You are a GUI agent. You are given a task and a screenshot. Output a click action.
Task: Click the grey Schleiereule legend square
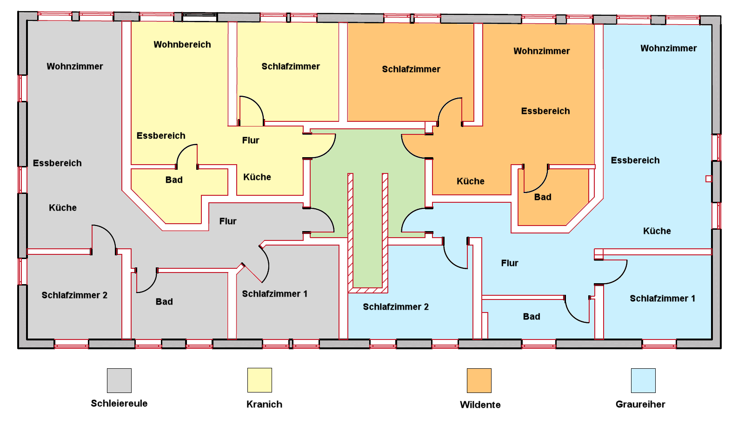(x=119, y=380)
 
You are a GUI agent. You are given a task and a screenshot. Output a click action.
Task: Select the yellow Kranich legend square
(x=259, y=380)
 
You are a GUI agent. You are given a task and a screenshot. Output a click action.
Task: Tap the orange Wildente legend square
(x=479, y=380)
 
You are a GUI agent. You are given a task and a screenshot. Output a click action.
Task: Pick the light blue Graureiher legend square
(x=643, y=380)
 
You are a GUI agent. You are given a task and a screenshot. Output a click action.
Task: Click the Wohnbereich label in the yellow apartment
(x=182, y=45)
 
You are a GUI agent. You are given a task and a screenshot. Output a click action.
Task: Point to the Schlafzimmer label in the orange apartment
(x=411, y=69)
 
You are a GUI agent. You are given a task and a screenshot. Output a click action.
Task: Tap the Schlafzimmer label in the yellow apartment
(x=291, y=67)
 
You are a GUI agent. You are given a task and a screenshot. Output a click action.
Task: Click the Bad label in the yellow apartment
(x=174, y=180)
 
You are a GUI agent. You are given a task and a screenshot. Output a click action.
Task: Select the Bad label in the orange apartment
(x=543, y=197)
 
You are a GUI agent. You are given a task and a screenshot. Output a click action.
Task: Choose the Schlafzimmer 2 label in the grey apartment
(x=74, y=295)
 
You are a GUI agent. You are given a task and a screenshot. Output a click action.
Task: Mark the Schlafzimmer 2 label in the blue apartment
(x=396, y=307)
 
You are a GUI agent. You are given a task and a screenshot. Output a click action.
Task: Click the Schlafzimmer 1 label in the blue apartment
(x=662, y=299)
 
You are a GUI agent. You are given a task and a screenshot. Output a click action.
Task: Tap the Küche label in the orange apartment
(x=471, y=181)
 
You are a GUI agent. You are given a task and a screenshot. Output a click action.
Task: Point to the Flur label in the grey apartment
(x=228, y=221)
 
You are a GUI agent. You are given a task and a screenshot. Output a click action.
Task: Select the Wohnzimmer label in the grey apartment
(x=75, y=67)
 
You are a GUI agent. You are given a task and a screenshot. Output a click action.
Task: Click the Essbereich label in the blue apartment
(x=635, y=160)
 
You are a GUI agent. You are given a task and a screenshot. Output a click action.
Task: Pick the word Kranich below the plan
(x=264, y=404)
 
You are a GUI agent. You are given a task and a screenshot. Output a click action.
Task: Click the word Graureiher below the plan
(x=640, y=404)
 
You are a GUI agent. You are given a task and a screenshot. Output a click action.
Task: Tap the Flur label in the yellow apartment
(x=251, y=140)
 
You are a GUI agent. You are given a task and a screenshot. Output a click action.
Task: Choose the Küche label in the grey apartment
(x=63, y=208)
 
